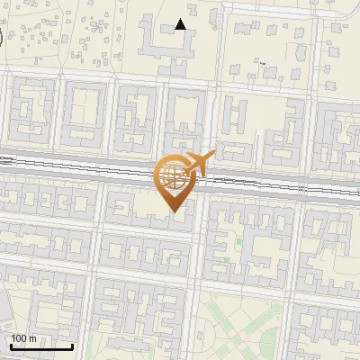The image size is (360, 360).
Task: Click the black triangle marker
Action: tap(181, 24)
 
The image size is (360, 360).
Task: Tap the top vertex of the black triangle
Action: tap(181, 19)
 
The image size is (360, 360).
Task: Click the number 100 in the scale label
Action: tap(19, 338)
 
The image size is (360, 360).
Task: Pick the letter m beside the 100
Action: tap(32, 338)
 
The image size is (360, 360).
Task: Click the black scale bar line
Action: tap(40, 346)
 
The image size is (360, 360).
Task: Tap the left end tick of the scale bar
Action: tap(10, 345)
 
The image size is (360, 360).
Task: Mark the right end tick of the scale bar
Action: tap(72, 345)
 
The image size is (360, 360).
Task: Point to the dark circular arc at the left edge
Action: tap(2, 38)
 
